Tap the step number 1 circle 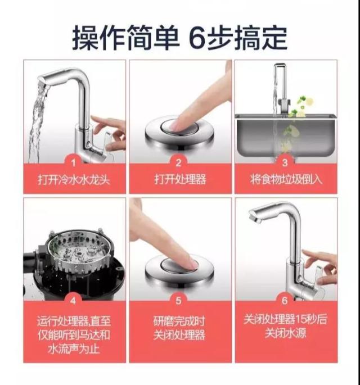74,162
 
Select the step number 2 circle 179,162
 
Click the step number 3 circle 285,162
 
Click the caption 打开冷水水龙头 74,180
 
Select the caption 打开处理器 179,180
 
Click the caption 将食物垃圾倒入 285,180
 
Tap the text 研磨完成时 179,321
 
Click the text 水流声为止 74,348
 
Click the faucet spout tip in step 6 254,217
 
